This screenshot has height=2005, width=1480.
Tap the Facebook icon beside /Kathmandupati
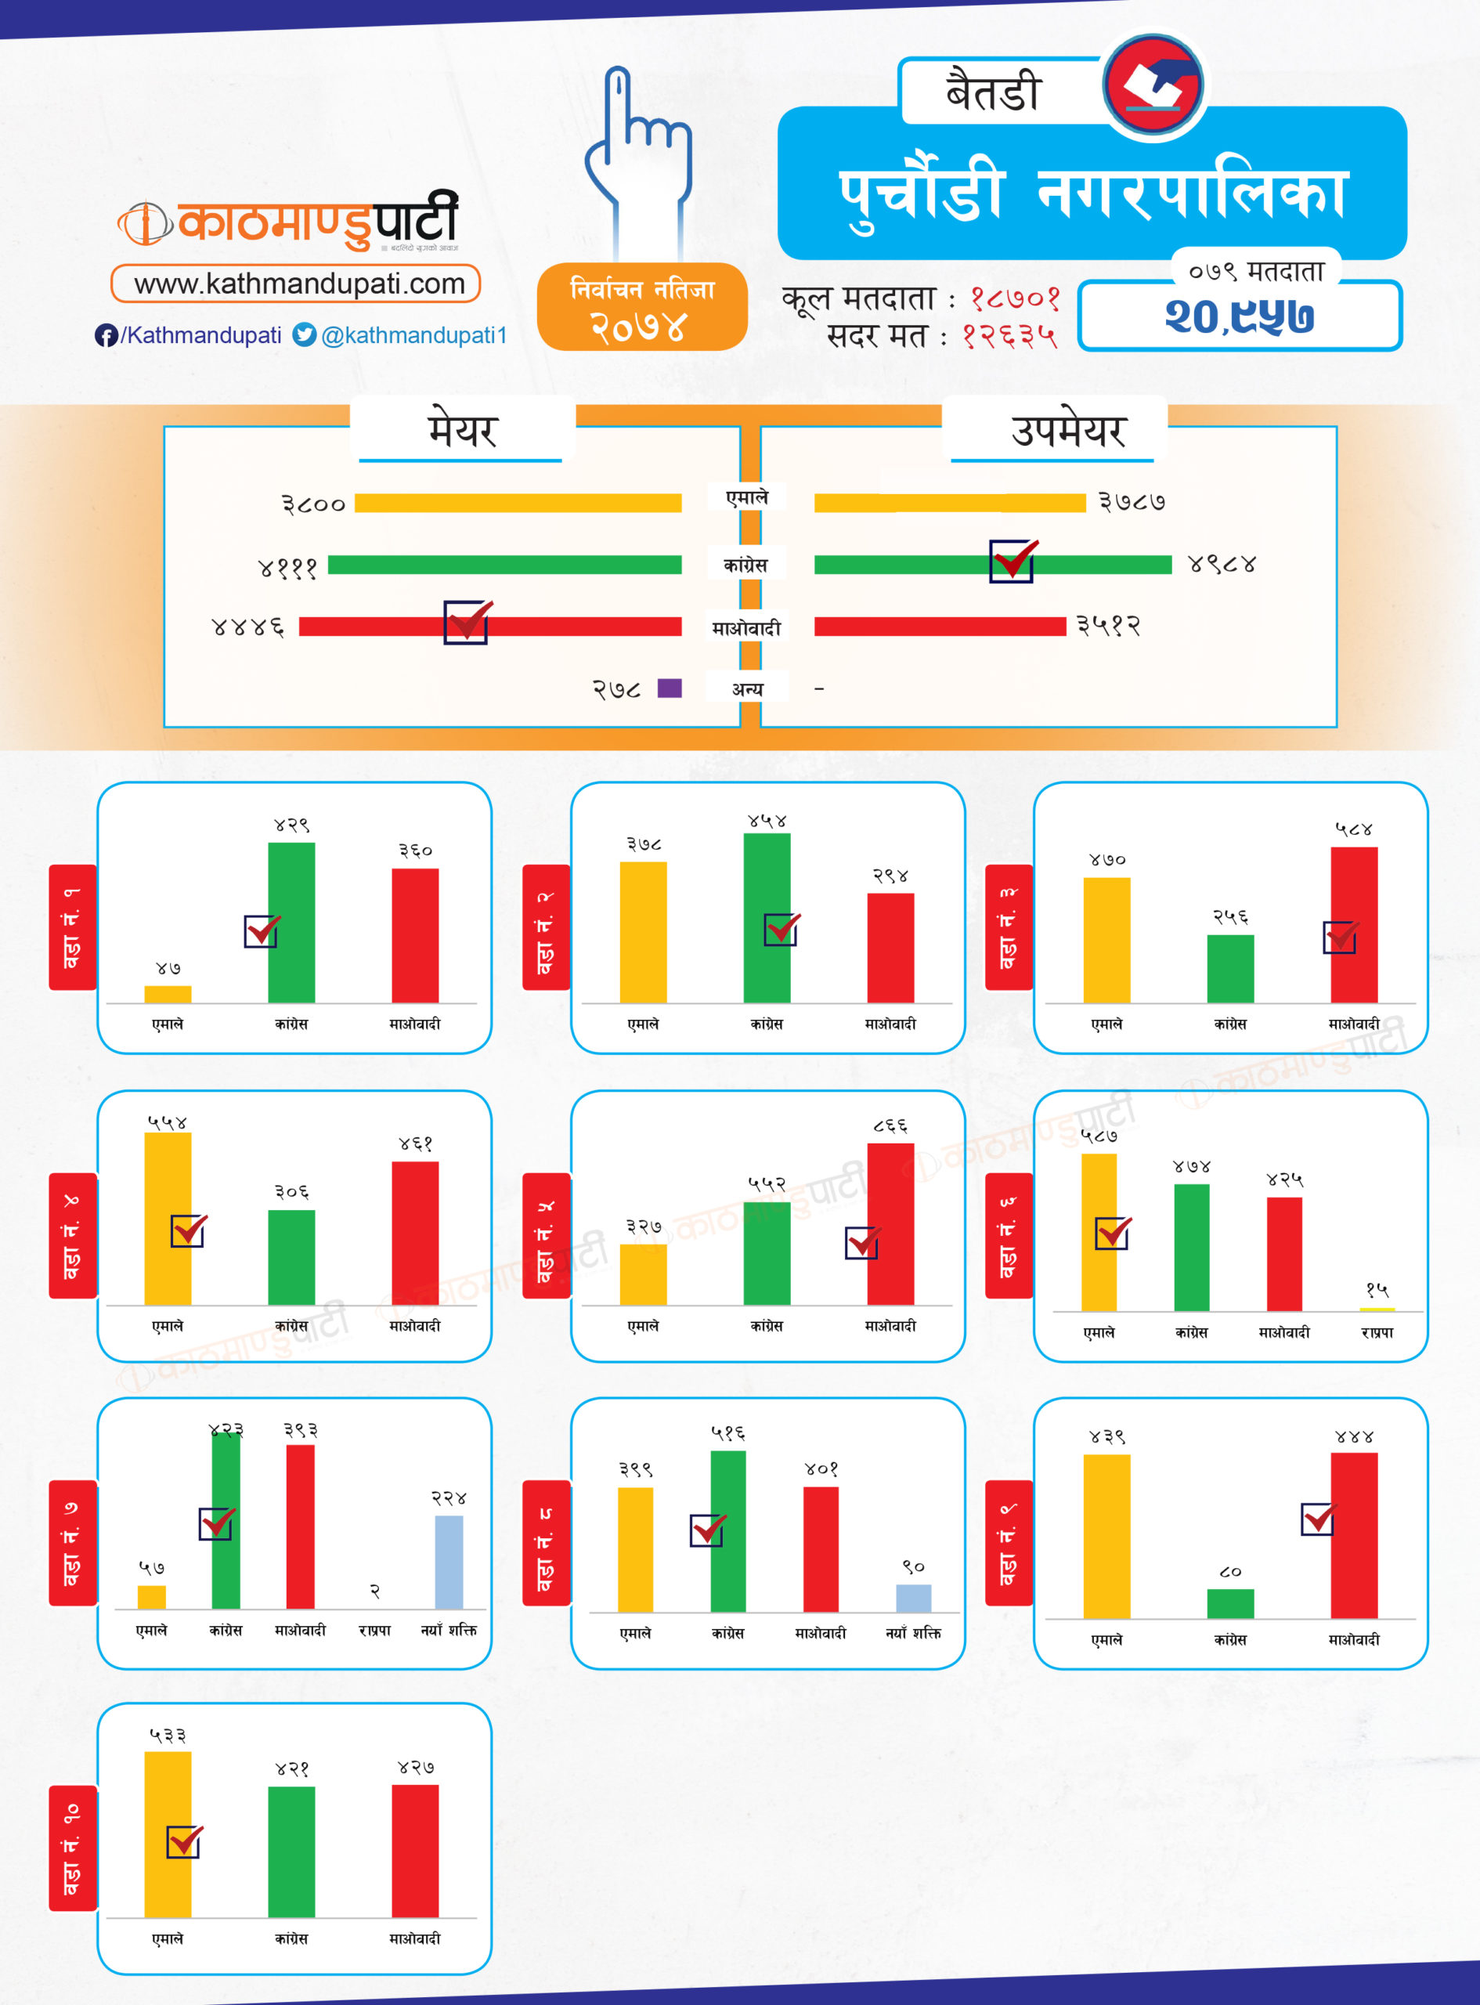[x=106, y=336]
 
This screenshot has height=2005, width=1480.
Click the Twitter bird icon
[x=305, y=335]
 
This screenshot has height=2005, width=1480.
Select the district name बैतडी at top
[x=994, y=92]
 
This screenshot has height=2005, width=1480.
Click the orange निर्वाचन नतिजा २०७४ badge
[x=642, y=307]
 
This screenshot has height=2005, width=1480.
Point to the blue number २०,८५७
[x=1239, y=316]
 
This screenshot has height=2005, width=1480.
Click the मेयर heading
[x=461, y=431]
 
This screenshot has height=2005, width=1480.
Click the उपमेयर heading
[x=1067, y=431]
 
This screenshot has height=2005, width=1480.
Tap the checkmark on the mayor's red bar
[x=467, y=622]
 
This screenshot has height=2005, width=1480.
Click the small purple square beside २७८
[x=670, y=688]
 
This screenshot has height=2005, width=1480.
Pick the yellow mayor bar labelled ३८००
[x=518, y=504]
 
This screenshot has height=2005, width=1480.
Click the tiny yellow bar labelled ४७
[x=168, y=994]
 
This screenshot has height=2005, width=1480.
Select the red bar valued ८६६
[x=890, y=1223]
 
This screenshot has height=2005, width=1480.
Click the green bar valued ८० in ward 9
[x=1230, y=1604]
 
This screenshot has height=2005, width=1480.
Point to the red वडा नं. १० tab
[x=73, y=1848]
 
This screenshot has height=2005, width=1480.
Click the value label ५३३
[x=168, y=1736]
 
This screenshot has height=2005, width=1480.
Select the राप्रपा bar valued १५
[x=1377, y=1309]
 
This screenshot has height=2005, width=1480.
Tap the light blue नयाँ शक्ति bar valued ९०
[x=913, y=1598]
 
